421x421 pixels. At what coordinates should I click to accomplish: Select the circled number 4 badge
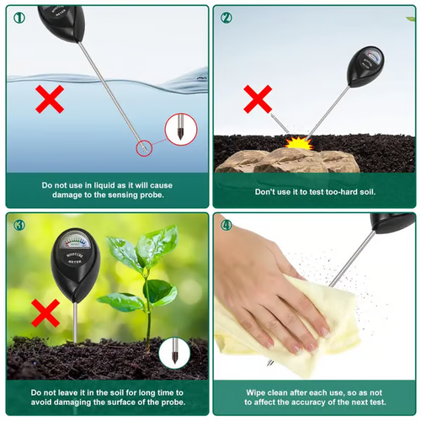tap(226, 225)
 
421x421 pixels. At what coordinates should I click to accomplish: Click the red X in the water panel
tap(51, 101)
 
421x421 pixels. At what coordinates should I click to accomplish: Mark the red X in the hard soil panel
tap(258, 99)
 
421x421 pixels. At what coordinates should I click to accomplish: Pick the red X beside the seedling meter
tap(45, 315)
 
